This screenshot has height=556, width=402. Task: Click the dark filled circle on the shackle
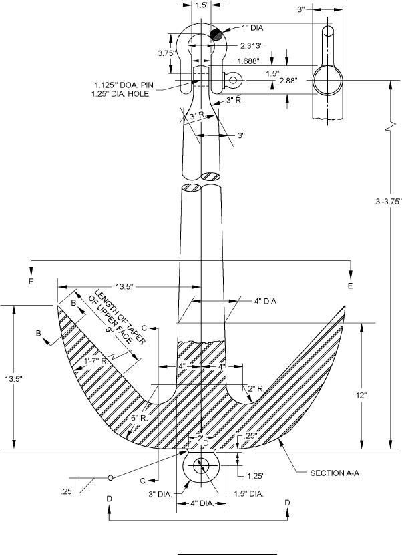(216, 35)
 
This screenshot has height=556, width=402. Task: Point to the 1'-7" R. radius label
(96, 362)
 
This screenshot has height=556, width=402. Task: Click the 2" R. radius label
(254, 388)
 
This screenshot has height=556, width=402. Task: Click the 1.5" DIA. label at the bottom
(248, 495)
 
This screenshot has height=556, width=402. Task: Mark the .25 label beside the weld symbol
(65, 492)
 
